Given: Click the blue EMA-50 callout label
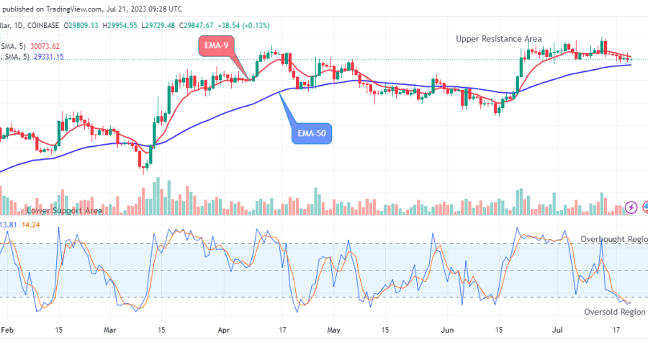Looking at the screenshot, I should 312,133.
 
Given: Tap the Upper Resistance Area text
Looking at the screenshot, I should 499,38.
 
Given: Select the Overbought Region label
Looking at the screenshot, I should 613,238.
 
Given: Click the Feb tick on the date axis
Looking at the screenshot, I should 7,330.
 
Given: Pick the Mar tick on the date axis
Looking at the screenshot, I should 110,330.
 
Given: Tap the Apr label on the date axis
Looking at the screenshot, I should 223,330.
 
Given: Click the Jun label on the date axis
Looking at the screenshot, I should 448,330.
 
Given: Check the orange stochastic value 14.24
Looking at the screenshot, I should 30,225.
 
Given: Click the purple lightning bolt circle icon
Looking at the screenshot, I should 631,207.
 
